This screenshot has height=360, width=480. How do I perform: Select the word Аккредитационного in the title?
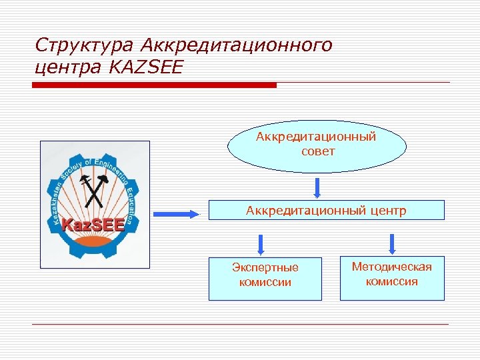tap(238, 46)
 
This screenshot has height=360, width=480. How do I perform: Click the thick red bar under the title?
tap(155, 85)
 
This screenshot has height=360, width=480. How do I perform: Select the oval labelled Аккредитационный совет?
tap(316, 146)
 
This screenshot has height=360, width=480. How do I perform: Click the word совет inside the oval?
tap(317, 151)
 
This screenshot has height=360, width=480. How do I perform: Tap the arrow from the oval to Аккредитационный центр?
tap(317, 187)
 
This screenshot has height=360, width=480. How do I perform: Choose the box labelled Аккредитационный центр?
tap(326, 211)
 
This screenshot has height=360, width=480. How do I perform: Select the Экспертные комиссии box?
tap(265, 279)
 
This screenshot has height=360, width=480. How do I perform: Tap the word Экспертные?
tap(265, 268)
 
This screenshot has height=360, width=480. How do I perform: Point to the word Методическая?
tap(392, 267)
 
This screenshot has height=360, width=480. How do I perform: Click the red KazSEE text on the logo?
tap(93, 225)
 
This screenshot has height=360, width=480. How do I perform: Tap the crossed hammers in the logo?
tap(93, 190)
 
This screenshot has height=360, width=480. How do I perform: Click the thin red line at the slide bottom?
tap(240, 325)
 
